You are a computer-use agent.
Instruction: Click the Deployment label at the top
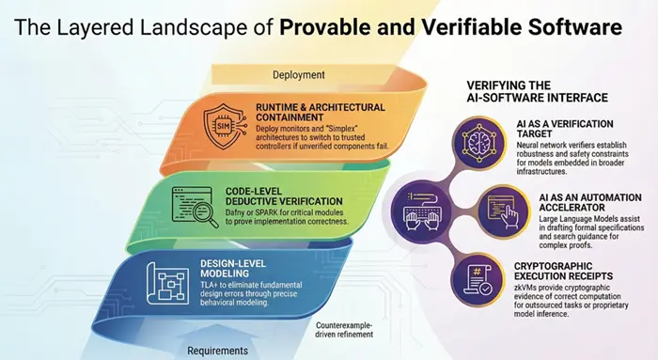[299, 75]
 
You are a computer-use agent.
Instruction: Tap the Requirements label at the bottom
[217, 351]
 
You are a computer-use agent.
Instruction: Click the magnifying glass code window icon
[196, 208]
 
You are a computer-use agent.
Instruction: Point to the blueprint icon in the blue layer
[167, 283]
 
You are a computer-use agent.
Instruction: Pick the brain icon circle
[478, 143]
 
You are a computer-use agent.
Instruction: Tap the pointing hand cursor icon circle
[503, 212]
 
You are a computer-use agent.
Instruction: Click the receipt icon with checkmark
[478, 281]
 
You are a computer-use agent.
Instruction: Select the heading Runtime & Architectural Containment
[321, 112]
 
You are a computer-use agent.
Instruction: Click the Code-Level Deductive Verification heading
[284, 196]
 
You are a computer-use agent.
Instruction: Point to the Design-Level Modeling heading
[233, 269]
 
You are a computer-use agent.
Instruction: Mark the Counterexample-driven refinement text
[344, 330]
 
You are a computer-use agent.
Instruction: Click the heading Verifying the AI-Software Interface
[537, 91]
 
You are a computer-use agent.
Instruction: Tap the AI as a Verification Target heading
[565, 129]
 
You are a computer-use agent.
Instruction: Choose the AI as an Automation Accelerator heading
[590, 202]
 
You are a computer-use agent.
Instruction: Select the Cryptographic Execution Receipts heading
[563, 271]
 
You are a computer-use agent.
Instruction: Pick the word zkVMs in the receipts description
[525, 288]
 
